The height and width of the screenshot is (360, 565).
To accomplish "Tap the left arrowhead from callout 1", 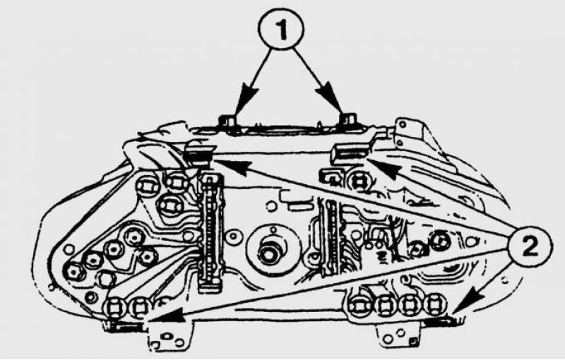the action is tap(249, 94).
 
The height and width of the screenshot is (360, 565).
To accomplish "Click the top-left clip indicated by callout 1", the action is tap(227, 121).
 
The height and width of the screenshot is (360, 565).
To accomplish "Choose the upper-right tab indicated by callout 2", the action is tap(350, 152).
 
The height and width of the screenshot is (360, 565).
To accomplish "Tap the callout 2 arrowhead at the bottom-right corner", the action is tap(463, 302).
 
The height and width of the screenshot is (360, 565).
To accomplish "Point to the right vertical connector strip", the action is tap(331, 238).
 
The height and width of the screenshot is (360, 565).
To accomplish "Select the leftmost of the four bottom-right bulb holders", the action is tap(359, 306).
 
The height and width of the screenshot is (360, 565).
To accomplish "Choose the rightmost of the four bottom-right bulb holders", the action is tap(435, 305).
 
